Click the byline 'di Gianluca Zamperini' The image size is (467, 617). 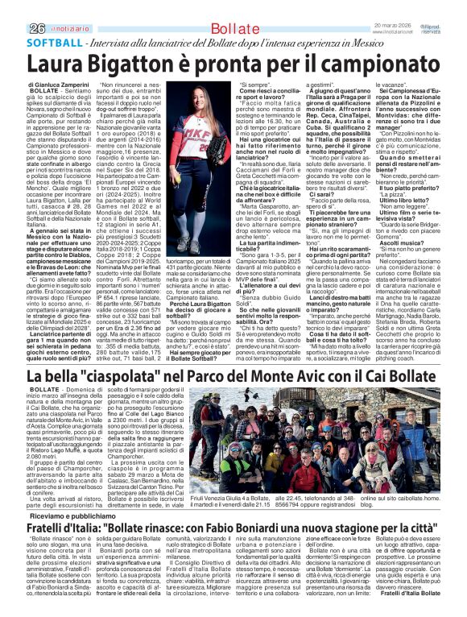pos(60,84)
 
